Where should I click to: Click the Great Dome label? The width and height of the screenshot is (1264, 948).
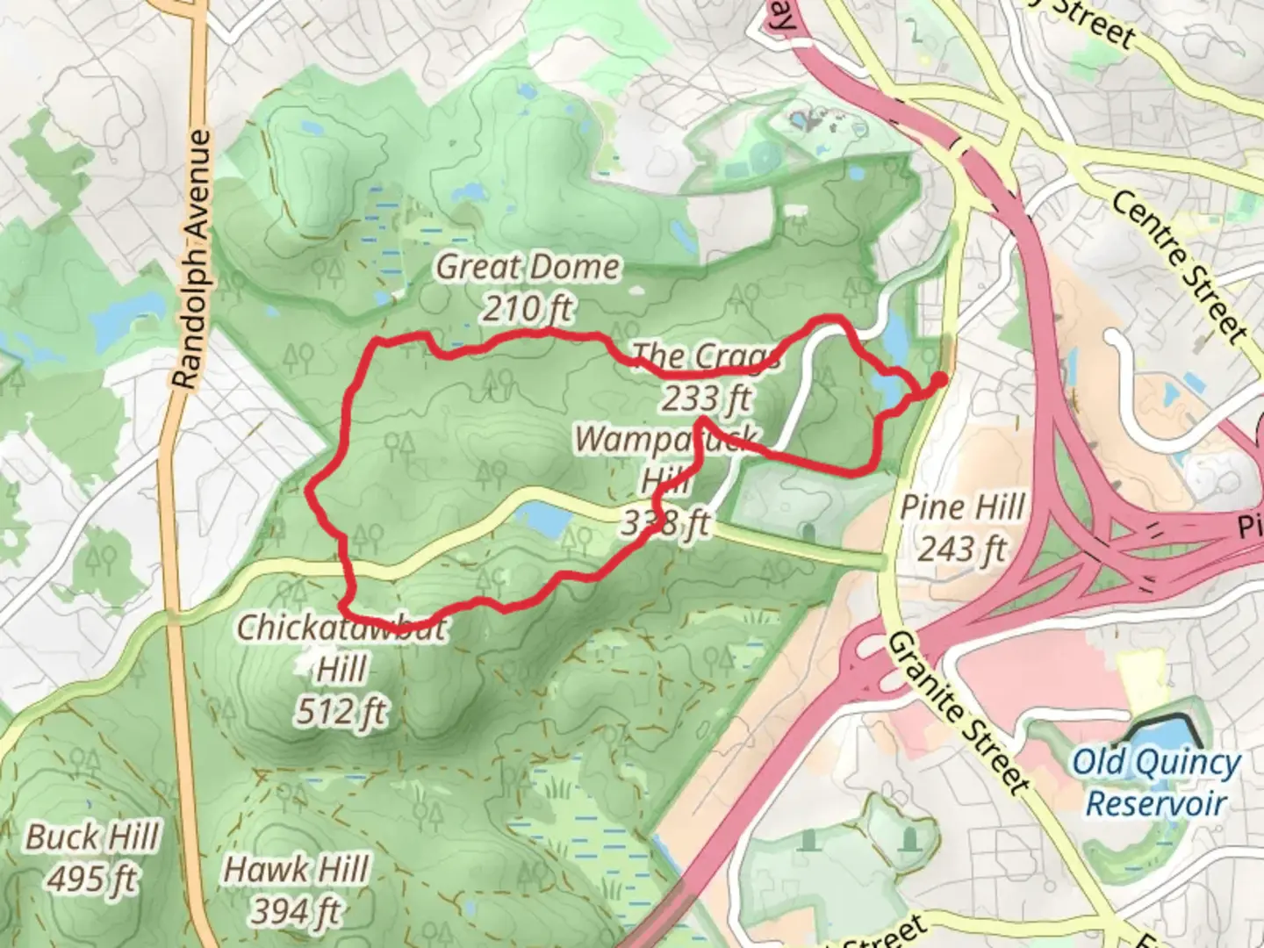click(x=528, y=267)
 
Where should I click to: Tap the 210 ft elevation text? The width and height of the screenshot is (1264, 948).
click(x=528, y=308)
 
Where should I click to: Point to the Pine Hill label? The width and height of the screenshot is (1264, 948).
click(x=963, y=507)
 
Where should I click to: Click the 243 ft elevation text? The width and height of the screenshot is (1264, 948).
click(x=963, y=549)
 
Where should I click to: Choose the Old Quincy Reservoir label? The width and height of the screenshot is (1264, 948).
click(x=1155, y=781)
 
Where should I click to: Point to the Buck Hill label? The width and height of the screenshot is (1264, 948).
click(x=92, y=837)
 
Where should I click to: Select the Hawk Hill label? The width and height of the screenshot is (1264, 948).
click(x=297, y=870)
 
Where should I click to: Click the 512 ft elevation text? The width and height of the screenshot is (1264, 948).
click(x=341, y=711)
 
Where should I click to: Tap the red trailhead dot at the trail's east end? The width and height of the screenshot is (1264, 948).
click(x=938, y=379)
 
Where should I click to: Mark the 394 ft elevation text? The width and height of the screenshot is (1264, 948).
click(x=297, y=911)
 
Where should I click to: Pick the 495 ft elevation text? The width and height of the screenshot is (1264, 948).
click(x=92, y=878)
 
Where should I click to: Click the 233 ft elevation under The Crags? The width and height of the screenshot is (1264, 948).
click(x=706, y=399)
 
